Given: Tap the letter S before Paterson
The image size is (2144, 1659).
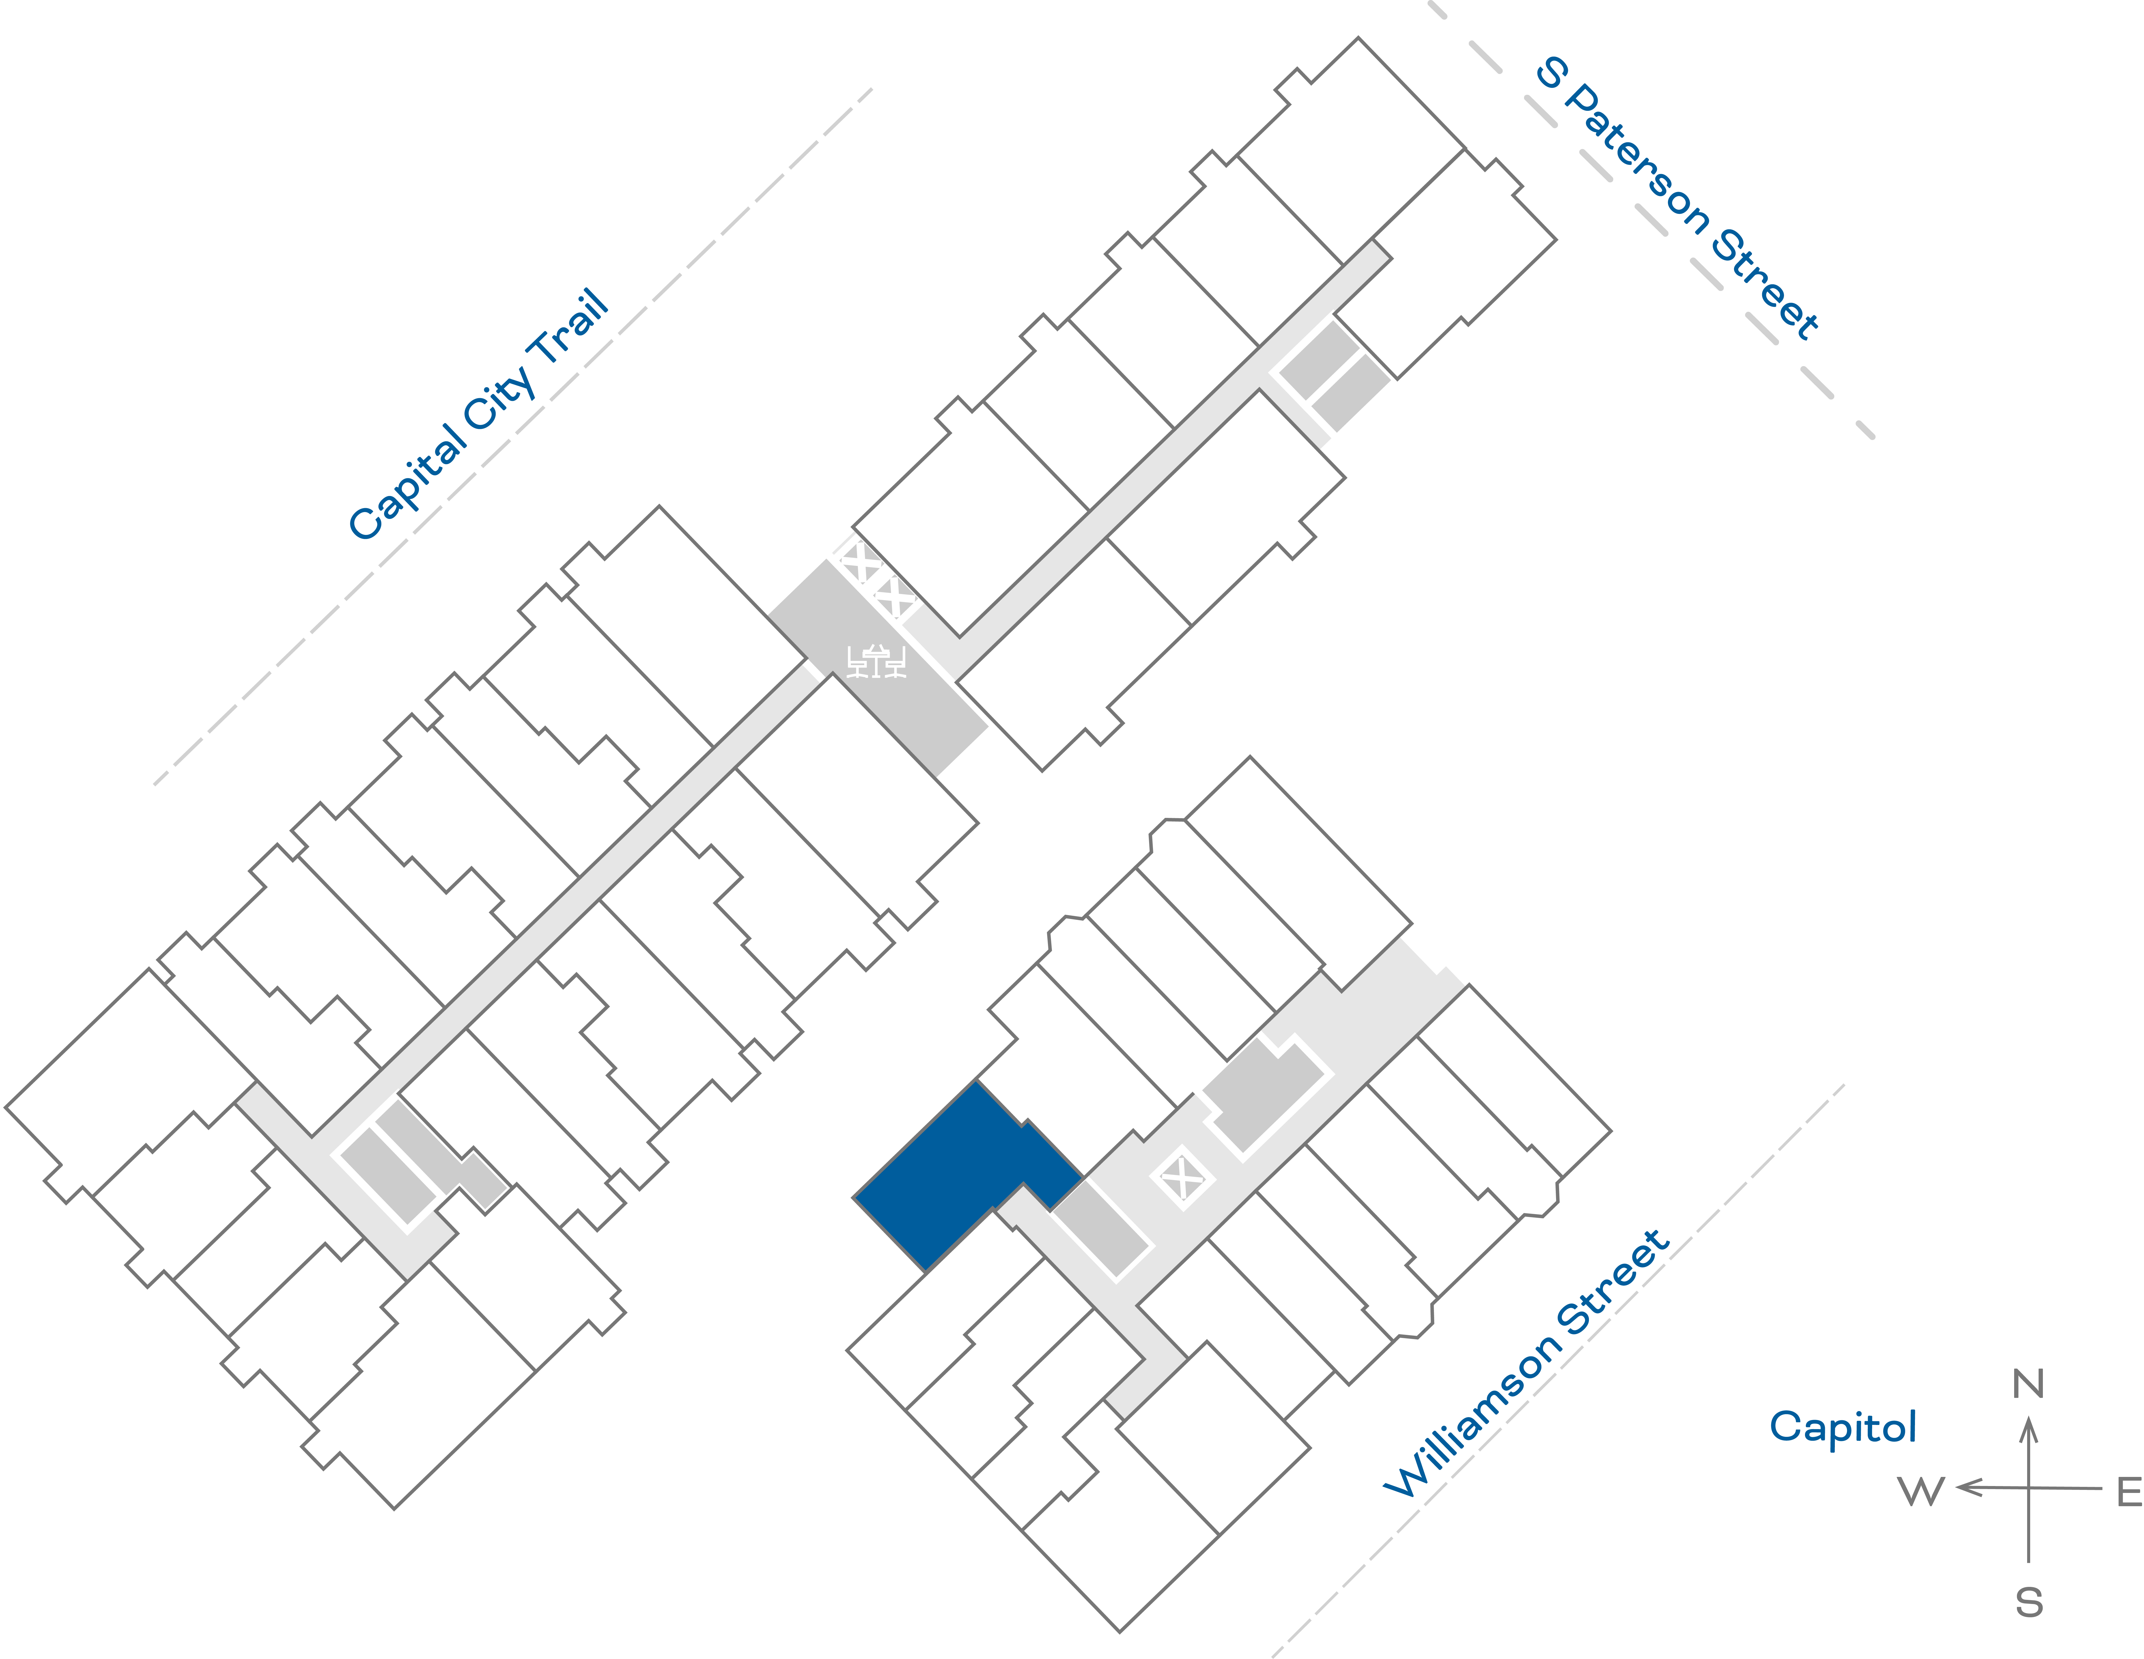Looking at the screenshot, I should [x=1551, y=71].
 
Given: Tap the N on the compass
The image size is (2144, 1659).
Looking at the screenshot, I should [x=2028, y=1384].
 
